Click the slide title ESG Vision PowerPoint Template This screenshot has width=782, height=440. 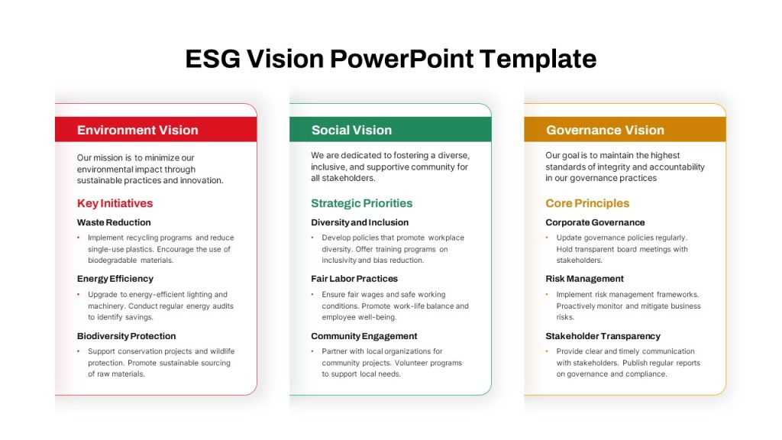coord(390,59)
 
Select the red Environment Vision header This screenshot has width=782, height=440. coord(156,130)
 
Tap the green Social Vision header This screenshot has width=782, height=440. coord(390,130)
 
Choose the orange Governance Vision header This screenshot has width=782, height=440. coord(625,130)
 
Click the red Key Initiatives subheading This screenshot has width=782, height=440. coord(115,203)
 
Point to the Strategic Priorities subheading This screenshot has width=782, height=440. coord(361,203)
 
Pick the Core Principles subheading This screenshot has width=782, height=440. coord(587,203)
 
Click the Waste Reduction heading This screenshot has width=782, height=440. coord(114,222)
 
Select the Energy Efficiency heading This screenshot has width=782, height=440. coord(115,279)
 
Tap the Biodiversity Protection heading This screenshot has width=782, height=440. coord(126,336)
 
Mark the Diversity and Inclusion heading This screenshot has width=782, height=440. coord(360,222)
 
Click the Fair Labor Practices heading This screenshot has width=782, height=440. coord(354,279)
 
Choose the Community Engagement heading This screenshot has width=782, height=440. coord(364,336)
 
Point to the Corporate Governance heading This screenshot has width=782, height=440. coord(595,222)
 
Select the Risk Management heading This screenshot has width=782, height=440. coord(584,279)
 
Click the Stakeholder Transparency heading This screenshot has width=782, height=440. coord(603,336)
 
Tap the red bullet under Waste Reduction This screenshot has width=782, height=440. coord(79,238)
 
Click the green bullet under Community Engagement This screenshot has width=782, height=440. coord(312,351)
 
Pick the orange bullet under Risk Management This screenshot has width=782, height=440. coord(547,295)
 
